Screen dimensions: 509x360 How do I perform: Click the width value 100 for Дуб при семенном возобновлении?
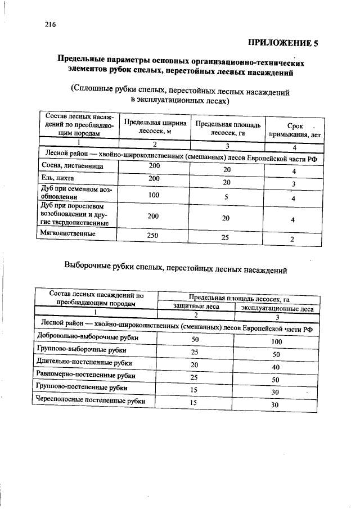click(154, 195)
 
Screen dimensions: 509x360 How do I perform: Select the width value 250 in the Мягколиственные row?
click(152, 235)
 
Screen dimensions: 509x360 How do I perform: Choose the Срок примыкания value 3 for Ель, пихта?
click(294, 184)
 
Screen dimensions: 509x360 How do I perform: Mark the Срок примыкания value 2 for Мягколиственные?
click(292, 239)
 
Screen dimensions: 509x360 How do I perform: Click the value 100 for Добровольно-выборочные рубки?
click(276, 342)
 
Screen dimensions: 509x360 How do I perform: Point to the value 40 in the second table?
click(276, 367)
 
